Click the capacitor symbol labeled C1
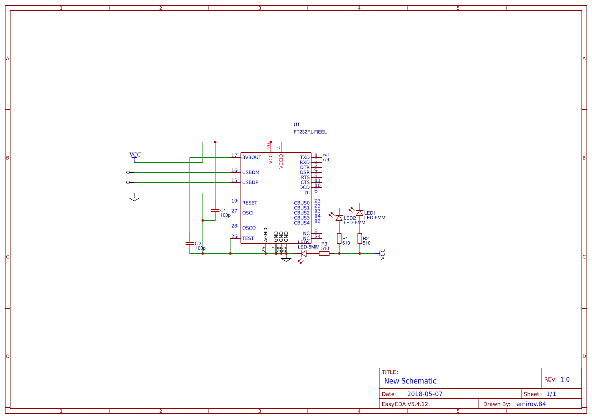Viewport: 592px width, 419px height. tap(215, 210)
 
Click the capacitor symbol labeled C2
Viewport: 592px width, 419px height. tap(190, 243)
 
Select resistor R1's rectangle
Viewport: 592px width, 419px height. tap(339, 238)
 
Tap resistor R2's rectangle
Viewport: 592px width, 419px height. tap(360, 238)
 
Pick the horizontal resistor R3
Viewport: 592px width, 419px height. tap(324, 253)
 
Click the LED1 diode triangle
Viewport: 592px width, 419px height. tap(359, 213)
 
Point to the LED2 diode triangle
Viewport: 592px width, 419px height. tap(339, 218)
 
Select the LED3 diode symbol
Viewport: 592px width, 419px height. tap(304, 253)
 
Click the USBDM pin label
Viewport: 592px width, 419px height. tap(251, 173)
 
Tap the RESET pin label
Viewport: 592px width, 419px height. tap(249, 203)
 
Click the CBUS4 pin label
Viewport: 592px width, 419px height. tap(301, 223)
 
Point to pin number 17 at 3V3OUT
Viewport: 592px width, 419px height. tap(234, 155)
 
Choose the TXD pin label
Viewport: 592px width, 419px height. tap(304, 158)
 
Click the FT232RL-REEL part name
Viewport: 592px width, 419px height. tap(310, 132)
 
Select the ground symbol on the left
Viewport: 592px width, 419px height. tap(134, 198)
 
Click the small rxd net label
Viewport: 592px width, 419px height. tap(326, 160)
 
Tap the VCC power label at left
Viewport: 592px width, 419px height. tap(135, 155)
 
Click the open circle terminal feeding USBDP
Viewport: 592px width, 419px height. tap(128, 182)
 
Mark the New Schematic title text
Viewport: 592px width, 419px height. tap(410, 381)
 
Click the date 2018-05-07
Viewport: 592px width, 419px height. tap(424, 394)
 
